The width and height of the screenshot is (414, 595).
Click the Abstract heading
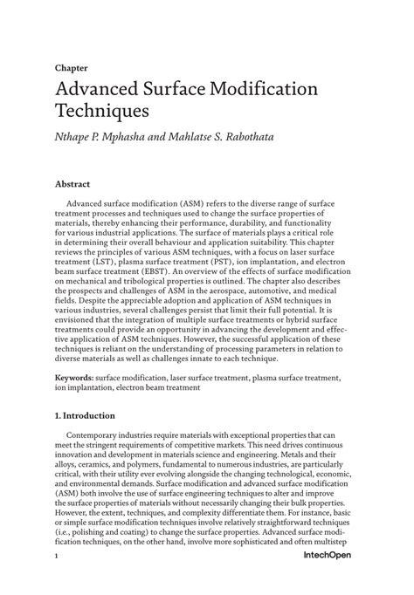[72, 185]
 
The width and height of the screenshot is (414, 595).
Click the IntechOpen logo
[329, 578]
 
